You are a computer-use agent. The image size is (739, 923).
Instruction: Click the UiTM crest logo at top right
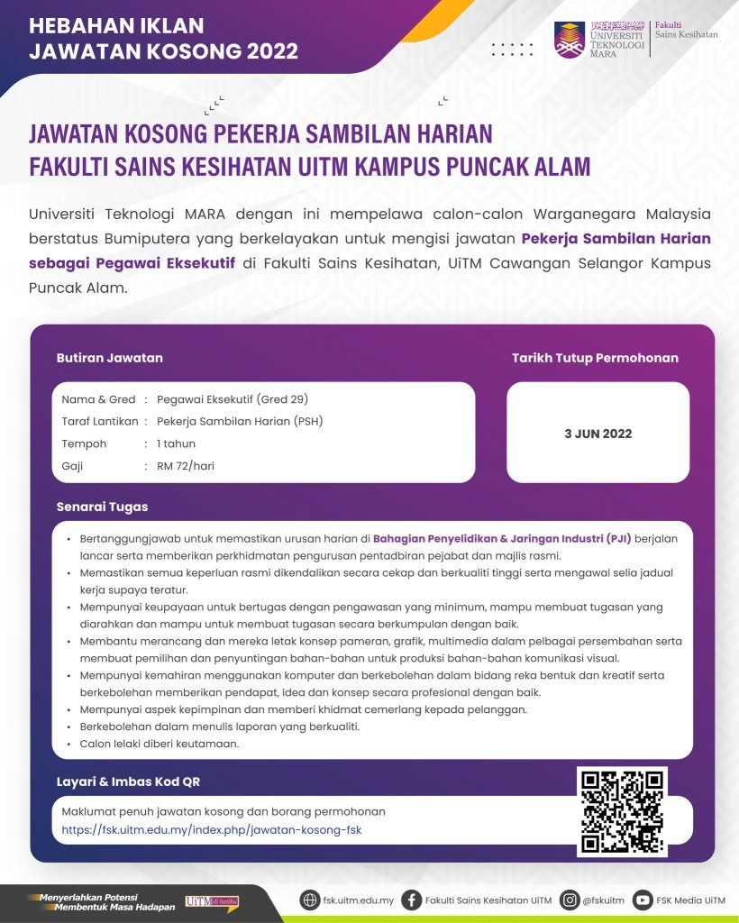[570, 40]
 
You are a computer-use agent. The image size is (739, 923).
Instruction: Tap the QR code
[622, 811]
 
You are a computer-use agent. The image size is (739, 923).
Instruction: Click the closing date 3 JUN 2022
[598, 434]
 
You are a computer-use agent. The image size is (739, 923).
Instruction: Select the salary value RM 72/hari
[186, 466]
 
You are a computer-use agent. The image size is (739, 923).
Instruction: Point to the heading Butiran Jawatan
[109, 358]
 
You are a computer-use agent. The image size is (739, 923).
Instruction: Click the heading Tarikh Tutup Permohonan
[595, 358]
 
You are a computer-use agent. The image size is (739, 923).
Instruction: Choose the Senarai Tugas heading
[102, 507]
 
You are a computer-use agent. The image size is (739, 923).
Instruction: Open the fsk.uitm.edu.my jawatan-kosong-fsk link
[211, 829]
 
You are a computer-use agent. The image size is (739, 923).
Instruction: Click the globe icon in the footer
[309, 900]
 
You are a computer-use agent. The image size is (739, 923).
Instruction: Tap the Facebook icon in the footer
[412, 900]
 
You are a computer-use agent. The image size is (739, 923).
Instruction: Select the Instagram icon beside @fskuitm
[569, 900]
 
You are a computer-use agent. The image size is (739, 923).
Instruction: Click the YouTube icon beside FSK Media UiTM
[643, 900]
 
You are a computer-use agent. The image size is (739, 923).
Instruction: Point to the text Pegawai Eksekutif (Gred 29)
[233, 399]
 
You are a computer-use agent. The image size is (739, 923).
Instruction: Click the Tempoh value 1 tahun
[176, 443]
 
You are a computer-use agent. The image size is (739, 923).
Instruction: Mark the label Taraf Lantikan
[99, 421]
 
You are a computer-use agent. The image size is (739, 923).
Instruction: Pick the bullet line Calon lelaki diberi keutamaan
[146, 744]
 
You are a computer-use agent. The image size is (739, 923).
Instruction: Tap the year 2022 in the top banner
[263, 51]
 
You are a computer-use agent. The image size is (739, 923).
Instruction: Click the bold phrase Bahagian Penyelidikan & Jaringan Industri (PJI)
[503, 538]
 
